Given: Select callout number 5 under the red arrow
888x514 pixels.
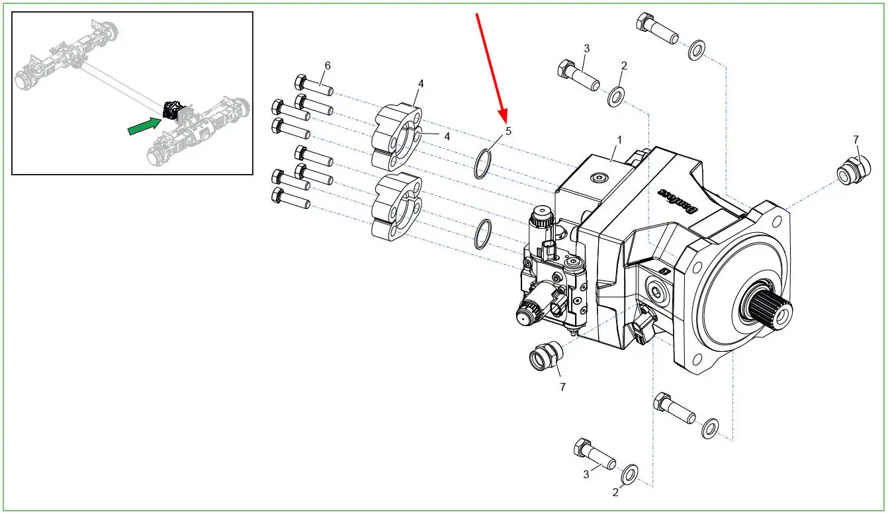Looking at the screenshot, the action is coord(508,131).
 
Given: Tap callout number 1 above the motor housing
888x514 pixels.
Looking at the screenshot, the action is coord(619,140).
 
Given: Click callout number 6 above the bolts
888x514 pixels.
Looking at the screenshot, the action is coord(328,65).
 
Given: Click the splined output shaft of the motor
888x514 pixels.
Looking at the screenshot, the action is coord(771,308).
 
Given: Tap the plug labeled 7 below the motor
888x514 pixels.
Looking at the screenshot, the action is coord(546,355).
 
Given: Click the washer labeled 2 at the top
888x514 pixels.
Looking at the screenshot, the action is coord(616,95).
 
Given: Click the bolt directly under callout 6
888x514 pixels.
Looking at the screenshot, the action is coord(314,85).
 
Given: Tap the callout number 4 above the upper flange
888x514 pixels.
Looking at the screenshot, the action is coord(421,83).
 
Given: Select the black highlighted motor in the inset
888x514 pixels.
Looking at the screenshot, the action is coord(172,110).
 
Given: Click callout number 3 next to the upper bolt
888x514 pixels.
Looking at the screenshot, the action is coord(587,49).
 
